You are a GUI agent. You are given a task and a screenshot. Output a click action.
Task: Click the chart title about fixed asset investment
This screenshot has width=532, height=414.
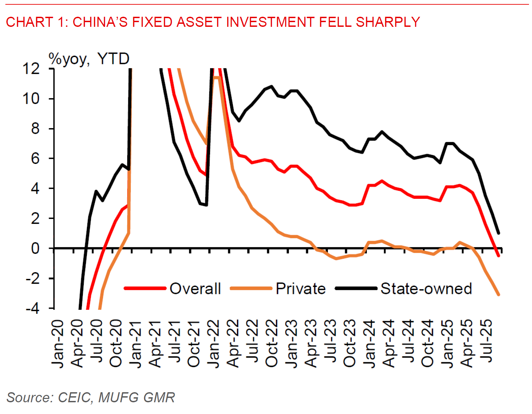click(213, 22)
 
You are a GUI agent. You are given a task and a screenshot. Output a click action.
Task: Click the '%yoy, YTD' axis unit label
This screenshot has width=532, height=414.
click(89, 59)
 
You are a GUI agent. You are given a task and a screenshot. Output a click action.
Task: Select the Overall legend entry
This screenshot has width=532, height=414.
click(195, 289)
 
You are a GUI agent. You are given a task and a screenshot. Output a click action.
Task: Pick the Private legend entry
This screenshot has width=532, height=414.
click(300, 289)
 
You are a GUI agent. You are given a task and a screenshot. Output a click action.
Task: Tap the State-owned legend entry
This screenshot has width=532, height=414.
click(426, 289)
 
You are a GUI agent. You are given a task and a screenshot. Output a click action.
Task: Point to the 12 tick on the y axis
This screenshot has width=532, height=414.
click(31, 69)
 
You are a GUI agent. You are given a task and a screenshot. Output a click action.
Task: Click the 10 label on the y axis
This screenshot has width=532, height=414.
click(31, 99)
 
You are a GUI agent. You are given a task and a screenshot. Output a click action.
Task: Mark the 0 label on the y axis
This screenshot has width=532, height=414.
click(35, 248)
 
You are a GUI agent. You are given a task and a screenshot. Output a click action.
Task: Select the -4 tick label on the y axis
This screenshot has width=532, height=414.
click(33, 308)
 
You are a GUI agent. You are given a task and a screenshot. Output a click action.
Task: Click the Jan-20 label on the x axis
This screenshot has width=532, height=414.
click(58, 344)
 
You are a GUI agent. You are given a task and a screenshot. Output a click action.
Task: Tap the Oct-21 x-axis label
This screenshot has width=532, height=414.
click(194, 344)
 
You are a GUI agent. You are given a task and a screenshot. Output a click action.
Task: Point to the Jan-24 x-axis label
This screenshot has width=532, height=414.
click(370, 344)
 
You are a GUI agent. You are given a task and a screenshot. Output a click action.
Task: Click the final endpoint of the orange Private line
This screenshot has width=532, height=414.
click(498, 295)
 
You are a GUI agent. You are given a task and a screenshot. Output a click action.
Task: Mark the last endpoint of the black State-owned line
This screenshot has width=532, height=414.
click(498, 233)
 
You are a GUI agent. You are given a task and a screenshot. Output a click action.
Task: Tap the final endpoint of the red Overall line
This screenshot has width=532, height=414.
click(498, 256)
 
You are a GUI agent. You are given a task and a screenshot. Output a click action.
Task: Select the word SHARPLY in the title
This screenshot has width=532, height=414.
click(388, 22)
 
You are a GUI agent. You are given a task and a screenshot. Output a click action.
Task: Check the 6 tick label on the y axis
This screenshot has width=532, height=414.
click(35, 159)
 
